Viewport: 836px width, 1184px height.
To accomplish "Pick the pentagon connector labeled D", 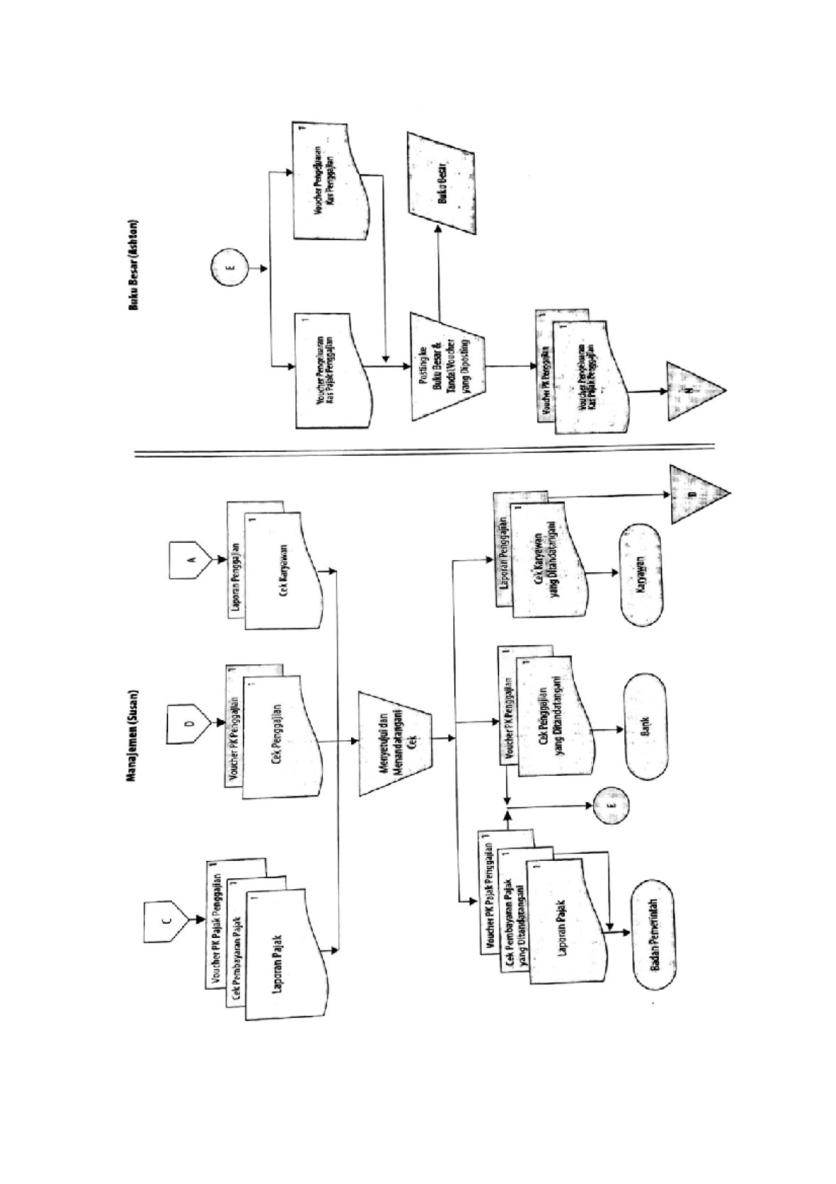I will (x=188, y=724).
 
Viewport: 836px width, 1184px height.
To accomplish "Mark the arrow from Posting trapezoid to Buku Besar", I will (x=438, y=272).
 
